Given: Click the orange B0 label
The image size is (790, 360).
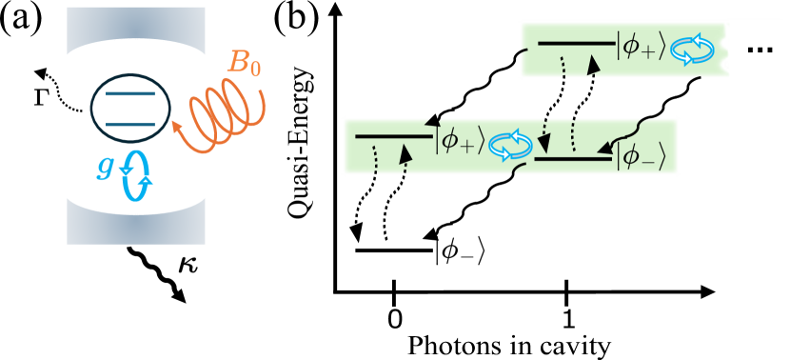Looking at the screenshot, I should (243, 63).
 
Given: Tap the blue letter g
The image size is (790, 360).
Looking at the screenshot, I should (105, 166).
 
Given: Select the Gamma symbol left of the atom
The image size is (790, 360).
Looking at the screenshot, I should (41, 95).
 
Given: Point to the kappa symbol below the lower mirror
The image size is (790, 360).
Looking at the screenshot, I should (188, 263).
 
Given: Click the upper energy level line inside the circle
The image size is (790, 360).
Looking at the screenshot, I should (130, 94).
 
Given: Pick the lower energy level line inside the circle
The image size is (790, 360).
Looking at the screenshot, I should (130, 124).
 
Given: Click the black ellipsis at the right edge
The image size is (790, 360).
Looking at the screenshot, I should (760, 50).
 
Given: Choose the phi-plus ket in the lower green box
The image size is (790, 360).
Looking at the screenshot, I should (461, 142).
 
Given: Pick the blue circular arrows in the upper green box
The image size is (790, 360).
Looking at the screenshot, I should (691, 50).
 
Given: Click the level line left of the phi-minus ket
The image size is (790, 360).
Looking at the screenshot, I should (572, 159).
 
